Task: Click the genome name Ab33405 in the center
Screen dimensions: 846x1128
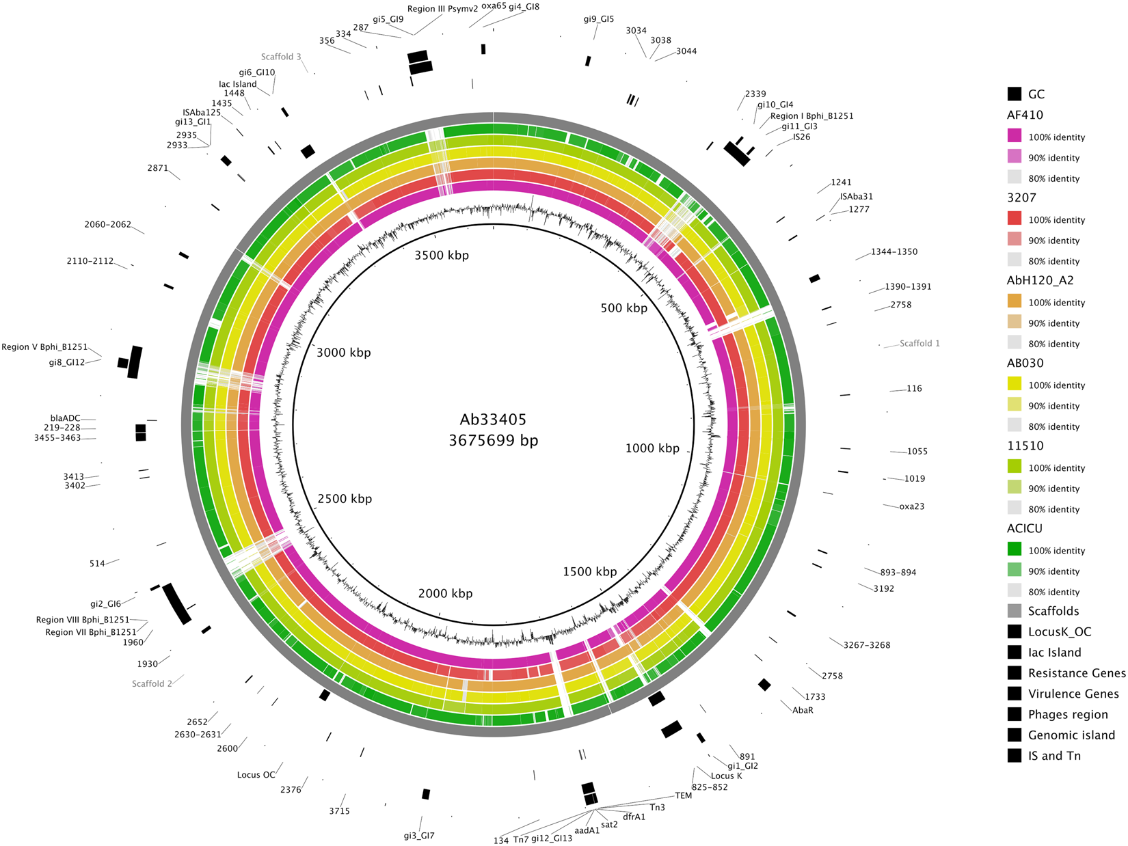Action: click(x=493, y=420)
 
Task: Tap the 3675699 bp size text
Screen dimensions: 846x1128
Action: click(x=493, y=441)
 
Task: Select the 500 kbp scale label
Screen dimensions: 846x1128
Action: click(x=623, y=308)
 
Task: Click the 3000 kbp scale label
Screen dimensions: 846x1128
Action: click(x=343, y=353)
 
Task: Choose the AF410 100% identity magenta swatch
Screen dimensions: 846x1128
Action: click(x=1015, y=137)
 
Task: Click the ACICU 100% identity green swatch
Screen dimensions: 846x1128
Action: click(x=1015, y=550)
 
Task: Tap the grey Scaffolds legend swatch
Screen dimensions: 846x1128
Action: click(x=1015, y=611)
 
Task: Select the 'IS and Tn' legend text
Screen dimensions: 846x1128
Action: click(x=1054, y=756)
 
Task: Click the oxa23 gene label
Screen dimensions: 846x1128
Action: click(x=911, y=506)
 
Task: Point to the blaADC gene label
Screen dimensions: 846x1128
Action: click(x=65, y=418)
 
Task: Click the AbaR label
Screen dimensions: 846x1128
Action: click(x=803, y=710)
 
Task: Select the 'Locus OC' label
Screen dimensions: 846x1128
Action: click(x=256, y=775)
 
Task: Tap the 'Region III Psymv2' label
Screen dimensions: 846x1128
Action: click(x=442, y=9)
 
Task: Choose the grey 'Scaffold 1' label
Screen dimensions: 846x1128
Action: click(x=919, y=343)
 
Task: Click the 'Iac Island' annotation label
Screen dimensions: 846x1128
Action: click(x=238, y=84)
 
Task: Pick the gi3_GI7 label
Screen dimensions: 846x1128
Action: click(x=419, y=836)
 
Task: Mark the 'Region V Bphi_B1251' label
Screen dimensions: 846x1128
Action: click(x=44, y=347)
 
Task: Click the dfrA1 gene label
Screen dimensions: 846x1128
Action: click(x=634, y=817)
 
